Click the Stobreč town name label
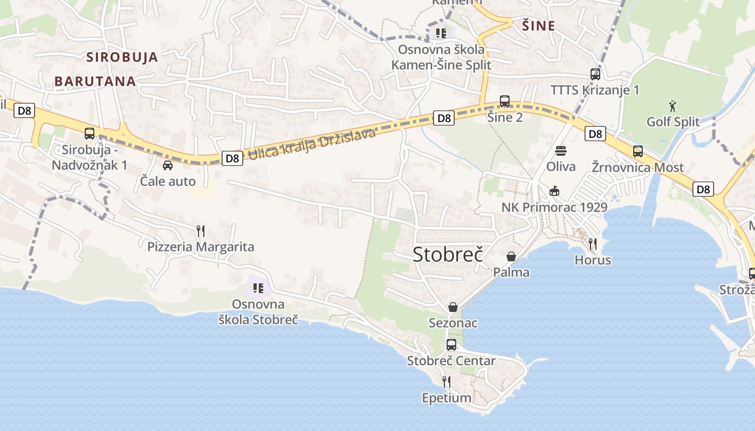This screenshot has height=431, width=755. [448, 254]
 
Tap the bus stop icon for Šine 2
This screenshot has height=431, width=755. [505, 101]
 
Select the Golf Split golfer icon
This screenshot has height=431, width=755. [672, 105]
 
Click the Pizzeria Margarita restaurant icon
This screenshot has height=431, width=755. [201, 231]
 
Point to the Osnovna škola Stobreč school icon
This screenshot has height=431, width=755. [258, 288]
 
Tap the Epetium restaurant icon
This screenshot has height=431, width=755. [447, 382]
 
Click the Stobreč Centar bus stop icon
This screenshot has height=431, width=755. [451, 345]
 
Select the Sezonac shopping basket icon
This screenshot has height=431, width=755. [453, 307]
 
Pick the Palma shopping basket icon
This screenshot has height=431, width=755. [511, 256]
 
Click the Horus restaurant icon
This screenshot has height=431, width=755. [593, 244]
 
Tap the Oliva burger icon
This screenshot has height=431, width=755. [561, 150]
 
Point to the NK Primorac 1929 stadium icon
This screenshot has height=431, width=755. [554, 191]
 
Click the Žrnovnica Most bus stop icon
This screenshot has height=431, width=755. [638, 151]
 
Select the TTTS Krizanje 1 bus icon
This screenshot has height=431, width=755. [595, 74]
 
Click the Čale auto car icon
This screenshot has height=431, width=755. [168, 165]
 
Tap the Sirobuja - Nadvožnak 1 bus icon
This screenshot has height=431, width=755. [90, 133]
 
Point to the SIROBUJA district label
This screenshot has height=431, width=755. [122, 57]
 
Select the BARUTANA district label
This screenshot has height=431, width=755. [95, 81]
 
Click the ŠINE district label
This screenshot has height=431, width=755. [538, 25]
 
